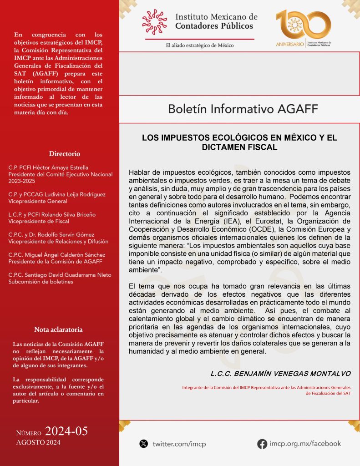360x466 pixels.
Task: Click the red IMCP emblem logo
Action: coord(154,22)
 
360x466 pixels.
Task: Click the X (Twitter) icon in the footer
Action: coord(144,443)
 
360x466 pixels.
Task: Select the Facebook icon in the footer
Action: coord(262,444)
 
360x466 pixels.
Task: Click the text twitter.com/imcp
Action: coord(179,444)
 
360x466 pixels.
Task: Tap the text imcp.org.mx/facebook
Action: coord(305,443)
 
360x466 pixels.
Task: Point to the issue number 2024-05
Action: coord(66,431)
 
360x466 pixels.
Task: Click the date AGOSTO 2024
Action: coord(38,442)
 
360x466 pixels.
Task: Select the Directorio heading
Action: coord(65,153)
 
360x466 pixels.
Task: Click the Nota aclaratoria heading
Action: coord(58,329)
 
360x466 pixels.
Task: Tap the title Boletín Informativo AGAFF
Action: coord(243,109)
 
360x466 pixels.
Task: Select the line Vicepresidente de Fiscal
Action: coord(39,221)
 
